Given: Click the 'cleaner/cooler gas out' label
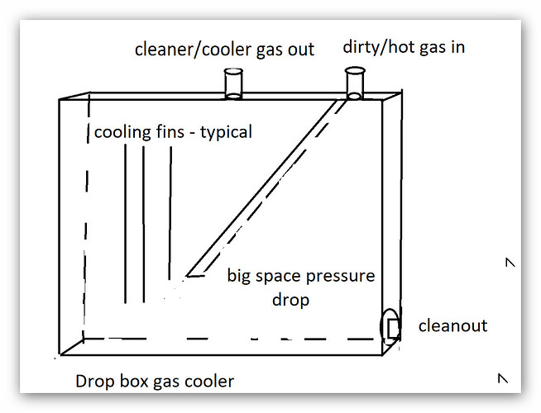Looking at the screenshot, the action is click(x=224, y=50).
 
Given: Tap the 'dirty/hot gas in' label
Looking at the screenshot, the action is click(x=404, y=47).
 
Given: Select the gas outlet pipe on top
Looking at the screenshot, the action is click(x=233, y=84).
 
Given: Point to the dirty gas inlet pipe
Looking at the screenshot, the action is click(x=355, y=83).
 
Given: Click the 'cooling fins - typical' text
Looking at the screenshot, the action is click(x=173, y=132).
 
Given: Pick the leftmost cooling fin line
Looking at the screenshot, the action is click(x=125, y=224).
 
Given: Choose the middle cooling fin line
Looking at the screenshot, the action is click(x=144, y=225).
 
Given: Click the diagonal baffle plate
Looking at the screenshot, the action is click(x=266, y=188).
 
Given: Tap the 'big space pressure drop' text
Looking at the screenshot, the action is click(x=301, y=287).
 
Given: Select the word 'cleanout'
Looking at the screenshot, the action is click(x=452, y=325).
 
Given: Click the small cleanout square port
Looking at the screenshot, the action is click(x=393, y=329).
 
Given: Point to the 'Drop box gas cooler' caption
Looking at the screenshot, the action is click(x=155, y=382).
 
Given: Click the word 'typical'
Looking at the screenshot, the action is click(x=227, y=132).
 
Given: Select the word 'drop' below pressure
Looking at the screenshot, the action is click(x=290, y=300).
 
